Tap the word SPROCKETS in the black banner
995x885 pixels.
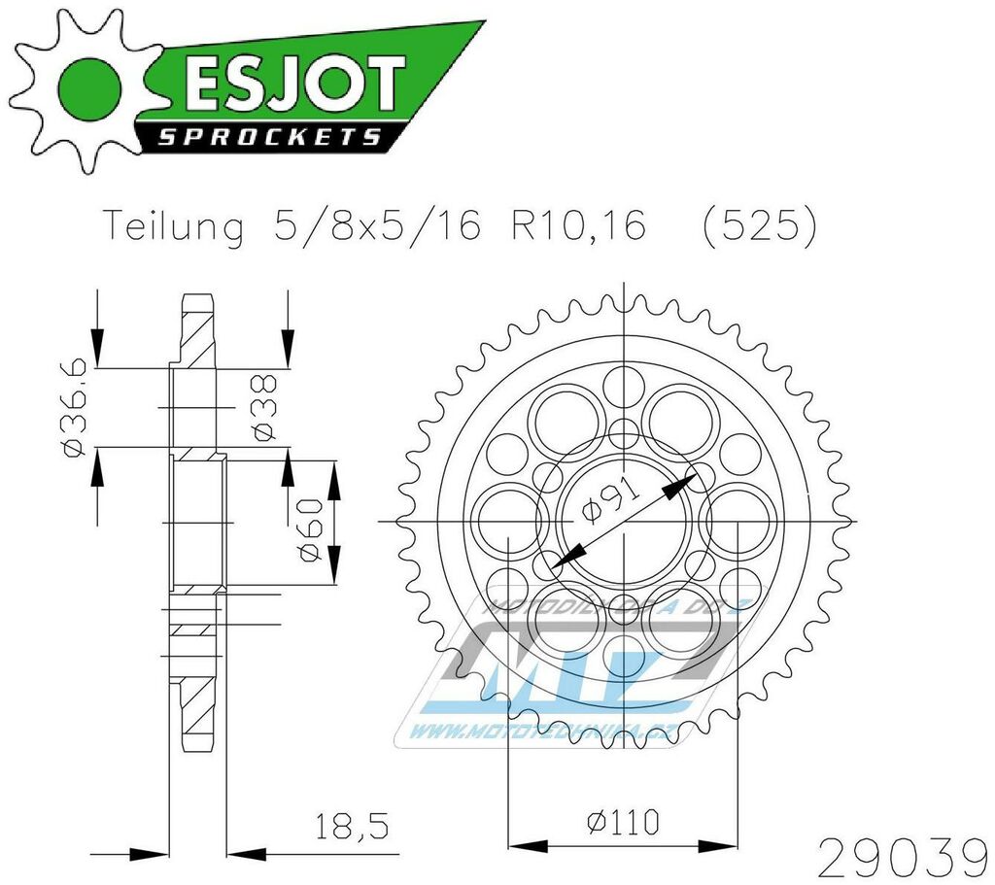(269, 137)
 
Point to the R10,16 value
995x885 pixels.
(574, 227)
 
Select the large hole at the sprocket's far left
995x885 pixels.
(508, 517)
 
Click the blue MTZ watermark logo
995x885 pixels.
(593, 661)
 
